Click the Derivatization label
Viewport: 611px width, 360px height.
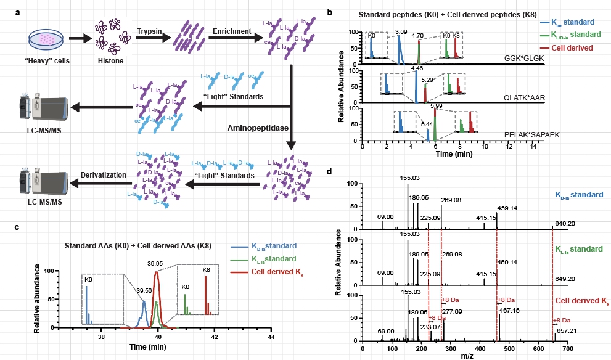(104, 175)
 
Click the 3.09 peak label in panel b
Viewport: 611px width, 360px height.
(401, 30)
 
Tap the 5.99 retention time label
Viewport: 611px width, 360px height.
(437, 106)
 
